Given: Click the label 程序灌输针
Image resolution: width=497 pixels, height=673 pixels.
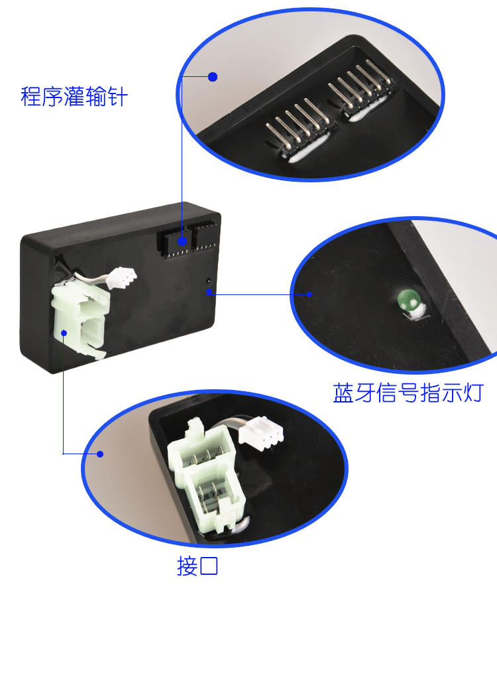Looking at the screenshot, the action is [74, 97].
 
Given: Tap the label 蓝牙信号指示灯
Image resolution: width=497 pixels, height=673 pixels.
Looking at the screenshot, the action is [408, 393].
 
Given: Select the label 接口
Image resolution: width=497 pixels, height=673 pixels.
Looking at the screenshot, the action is [197, 566].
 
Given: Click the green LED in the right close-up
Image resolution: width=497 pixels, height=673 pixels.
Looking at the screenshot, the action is [408, 300].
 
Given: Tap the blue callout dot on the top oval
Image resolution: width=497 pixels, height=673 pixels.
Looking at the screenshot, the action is [213, 77].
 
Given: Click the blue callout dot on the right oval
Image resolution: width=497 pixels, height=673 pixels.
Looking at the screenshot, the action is [309, 294].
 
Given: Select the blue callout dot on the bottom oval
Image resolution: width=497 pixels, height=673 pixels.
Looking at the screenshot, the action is [100, 454].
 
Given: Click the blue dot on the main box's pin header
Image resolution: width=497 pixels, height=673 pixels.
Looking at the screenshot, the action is [182, 241].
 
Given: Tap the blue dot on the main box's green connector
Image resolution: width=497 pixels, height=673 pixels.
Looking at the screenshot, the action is [64, 333].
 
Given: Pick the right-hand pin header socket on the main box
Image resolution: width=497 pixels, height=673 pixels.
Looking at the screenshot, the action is [203, 236].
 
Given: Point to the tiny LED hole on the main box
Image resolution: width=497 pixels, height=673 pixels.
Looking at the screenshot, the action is [209, 281].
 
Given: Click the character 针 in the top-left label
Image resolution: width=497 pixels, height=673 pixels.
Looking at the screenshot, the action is [117, 97].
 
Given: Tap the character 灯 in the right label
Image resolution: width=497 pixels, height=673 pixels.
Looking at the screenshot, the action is [473, 393].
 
